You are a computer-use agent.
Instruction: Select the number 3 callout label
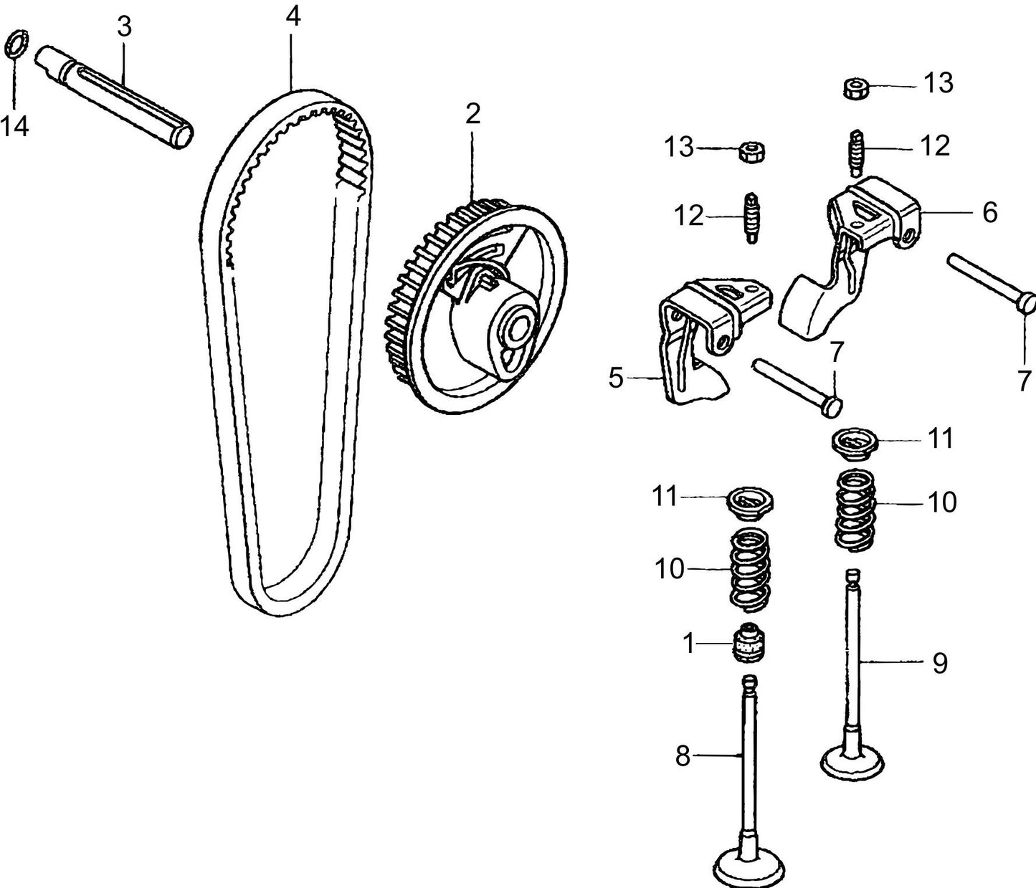tap(124, 27)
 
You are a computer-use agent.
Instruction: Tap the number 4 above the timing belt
tap(293, 16)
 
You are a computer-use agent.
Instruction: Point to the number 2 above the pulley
tap(472, 114)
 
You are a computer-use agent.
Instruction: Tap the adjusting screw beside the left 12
tap(751, 217)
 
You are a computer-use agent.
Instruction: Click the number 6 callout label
tap(989, 213)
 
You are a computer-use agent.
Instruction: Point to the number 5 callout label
tap(616, 378)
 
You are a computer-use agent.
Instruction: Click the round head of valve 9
tap(852, 761)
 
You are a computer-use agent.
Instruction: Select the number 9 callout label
tap(940, 663)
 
